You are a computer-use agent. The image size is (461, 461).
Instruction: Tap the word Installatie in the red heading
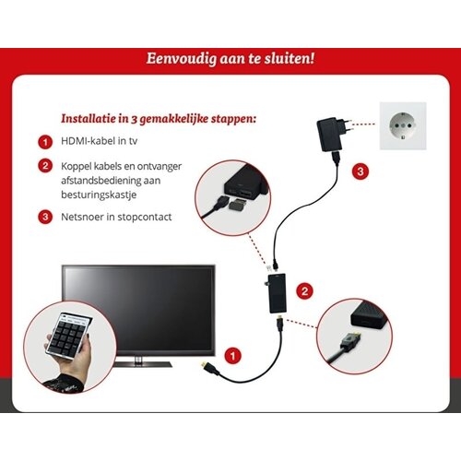click(89, 119)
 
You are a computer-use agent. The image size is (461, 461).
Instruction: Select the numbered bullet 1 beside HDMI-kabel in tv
click(43, 143)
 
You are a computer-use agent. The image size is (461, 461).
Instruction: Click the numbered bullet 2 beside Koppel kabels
click(43, 166)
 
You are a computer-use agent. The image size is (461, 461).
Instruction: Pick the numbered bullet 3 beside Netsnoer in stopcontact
click(43, 217)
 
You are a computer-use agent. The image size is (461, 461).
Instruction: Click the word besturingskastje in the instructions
click(97, 195)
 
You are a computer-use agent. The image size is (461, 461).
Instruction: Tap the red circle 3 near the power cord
click(361, 171)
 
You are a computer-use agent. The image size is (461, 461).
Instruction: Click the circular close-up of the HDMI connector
click(357, 337)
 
